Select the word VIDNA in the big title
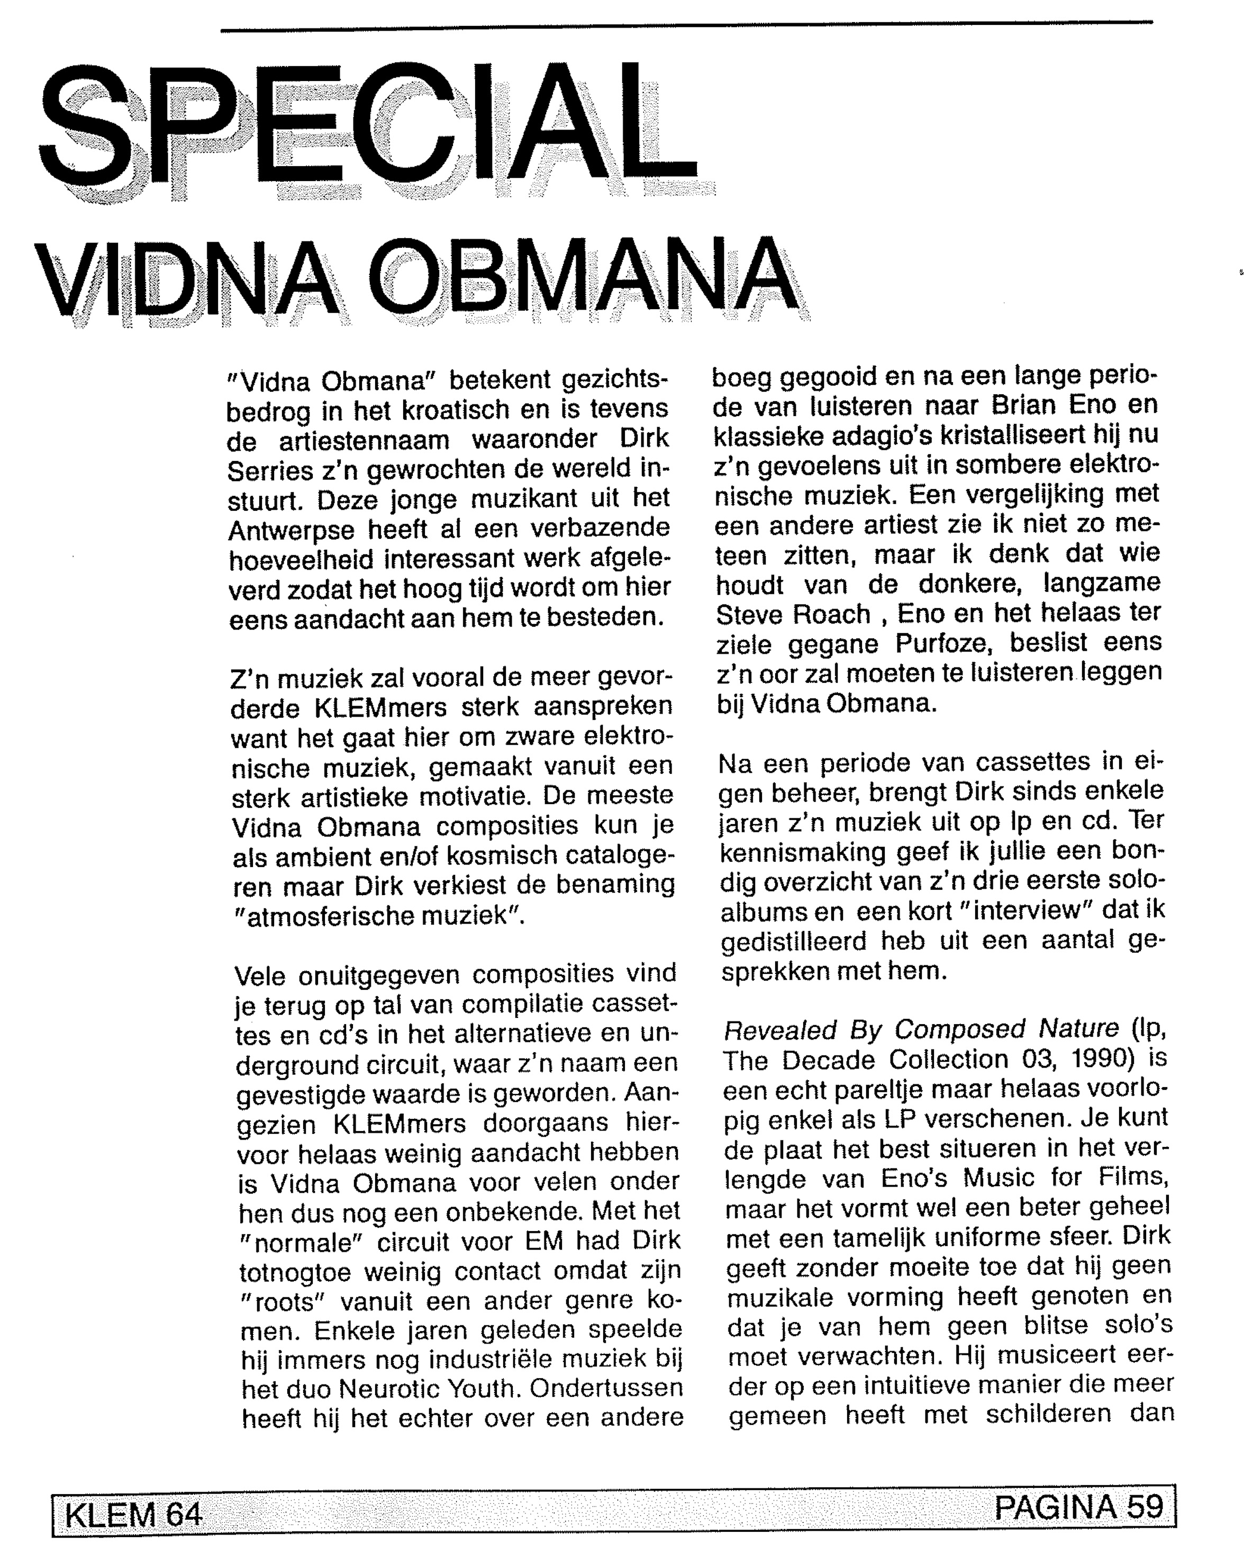point(185,279)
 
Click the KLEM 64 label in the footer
point(133,1514)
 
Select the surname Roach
point(831,615)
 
